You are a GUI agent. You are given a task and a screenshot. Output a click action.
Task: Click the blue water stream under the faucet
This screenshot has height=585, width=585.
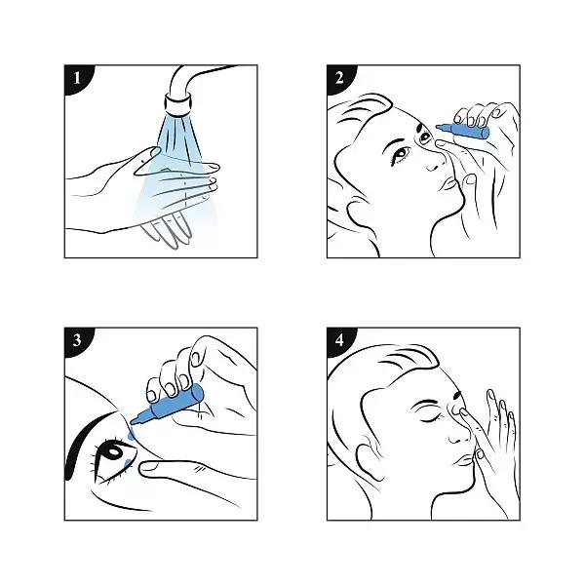coord(174,156)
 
